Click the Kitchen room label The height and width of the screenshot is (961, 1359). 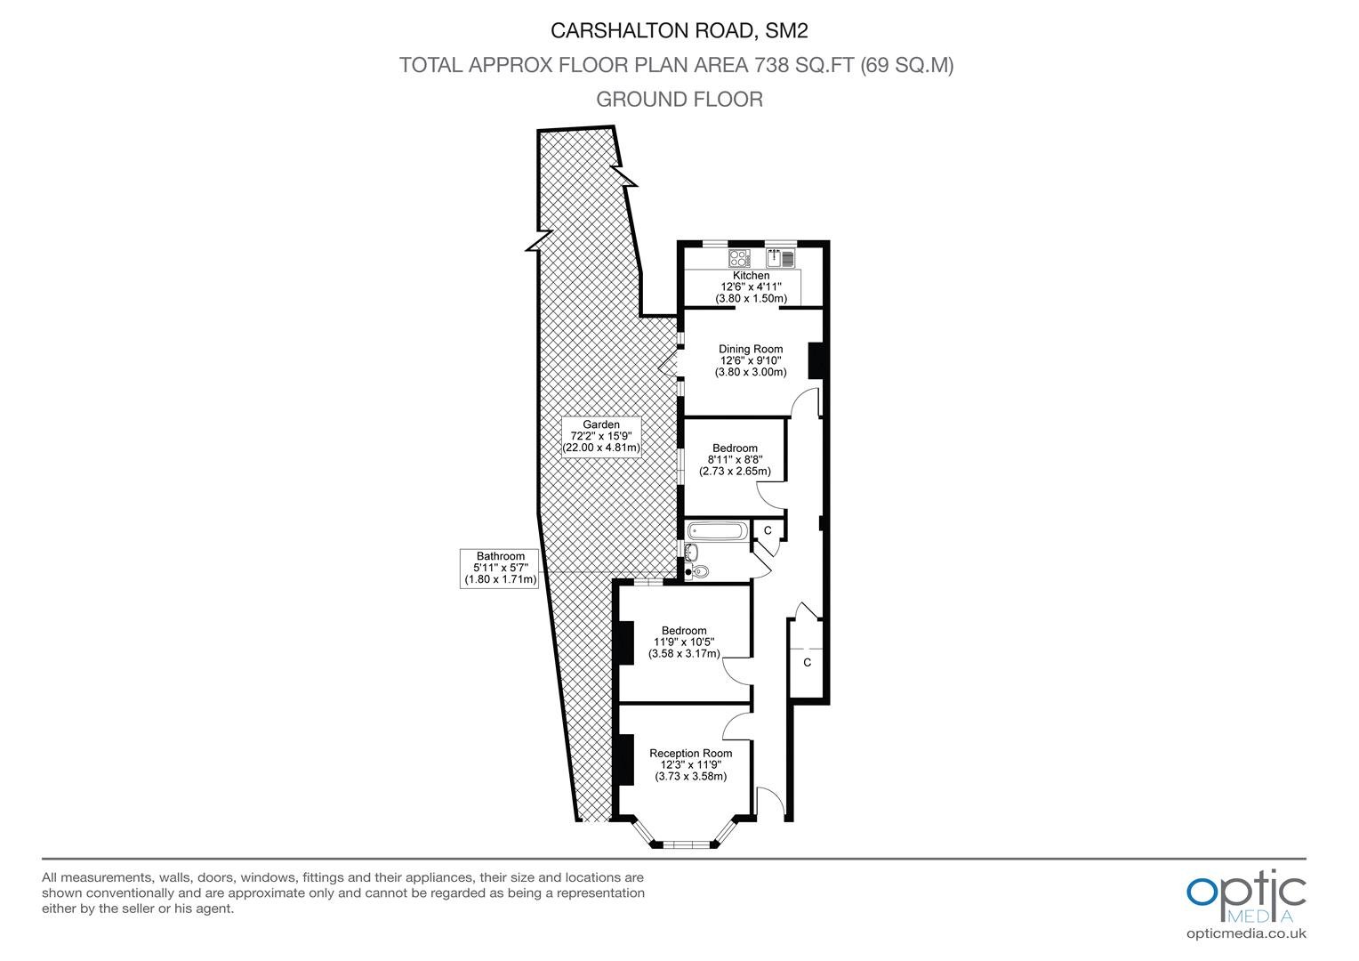(751, 276)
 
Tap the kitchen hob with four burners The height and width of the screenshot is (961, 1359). (740, 259)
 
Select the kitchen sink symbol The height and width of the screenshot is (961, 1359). (780, 259)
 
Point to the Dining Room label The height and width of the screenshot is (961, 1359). (751, 349)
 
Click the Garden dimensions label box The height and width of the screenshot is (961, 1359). (601, 437)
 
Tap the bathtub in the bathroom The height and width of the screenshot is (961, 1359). (718, 532)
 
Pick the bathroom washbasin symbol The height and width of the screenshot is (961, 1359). (691, 552)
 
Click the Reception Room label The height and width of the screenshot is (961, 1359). (690, 754)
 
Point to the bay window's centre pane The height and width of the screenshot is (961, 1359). (686, 844)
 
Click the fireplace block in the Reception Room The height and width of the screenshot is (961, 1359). (626, 760)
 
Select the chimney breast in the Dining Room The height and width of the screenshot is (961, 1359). (816, 360)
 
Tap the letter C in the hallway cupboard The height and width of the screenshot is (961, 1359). (807, 662)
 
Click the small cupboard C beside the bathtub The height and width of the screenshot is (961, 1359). (768, 530)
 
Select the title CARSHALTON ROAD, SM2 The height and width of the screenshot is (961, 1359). (679, 31)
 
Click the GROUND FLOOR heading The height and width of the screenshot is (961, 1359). (679, 99)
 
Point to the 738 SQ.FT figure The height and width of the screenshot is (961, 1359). (805, 65)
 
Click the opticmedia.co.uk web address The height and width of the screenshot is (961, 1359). (1246, 933)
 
